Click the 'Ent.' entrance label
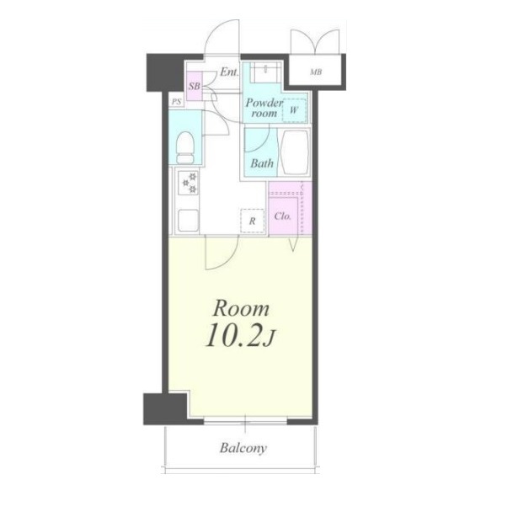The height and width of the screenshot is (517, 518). pos(229,72)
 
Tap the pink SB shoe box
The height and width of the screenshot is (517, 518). pos(195,86)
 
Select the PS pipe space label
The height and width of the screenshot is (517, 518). pos(176,102)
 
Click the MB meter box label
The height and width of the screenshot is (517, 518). pos(316,72)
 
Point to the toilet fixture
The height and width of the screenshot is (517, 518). pos(185,147)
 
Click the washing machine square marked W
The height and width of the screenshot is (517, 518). pos(294,110)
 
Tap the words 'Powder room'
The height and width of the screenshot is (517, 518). pos(264,108)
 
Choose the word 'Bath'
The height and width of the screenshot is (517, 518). pos(262,163)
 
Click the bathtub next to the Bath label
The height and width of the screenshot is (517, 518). pos(294,153)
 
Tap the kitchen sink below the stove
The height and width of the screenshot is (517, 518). pos(188,221)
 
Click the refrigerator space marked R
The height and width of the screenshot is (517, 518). pos(252,221)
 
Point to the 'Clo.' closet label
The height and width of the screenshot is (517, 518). pos(283,216)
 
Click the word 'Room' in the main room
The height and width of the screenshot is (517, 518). pos(241,308)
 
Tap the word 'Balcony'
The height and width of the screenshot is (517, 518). pos(243,448)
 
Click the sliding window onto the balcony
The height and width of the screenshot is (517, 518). pos(245,420)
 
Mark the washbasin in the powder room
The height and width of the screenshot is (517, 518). pos(265,72)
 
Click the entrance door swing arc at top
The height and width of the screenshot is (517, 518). pos(222,36)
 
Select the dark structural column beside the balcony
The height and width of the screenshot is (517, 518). pos(165,408)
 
